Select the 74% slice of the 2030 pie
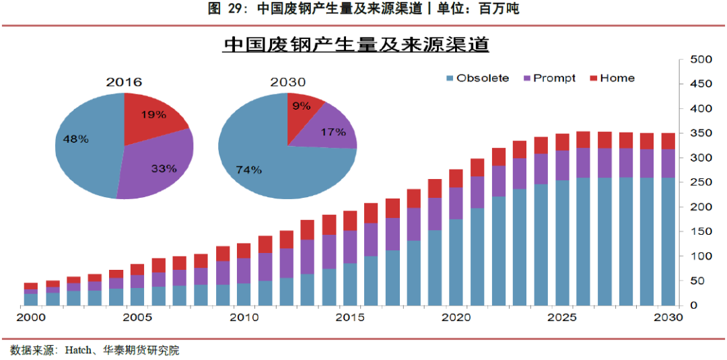(x=256, y=161)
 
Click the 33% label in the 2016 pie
(x=164, y=168)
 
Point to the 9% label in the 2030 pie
(x=302, y=105)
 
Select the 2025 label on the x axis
(x=561, y=317)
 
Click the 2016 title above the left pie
(x=124, y=82)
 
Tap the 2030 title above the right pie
(x=287, y=82)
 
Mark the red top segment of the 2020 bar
(x=456, y=178)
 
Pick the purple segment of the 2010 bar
(x=243, y=271)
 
